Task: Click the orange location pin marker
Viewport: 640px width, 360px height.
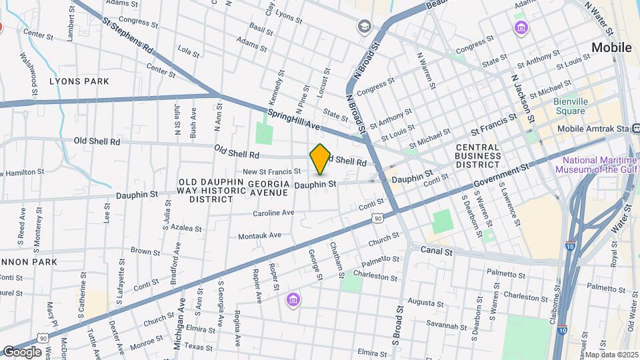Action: click(321, 159)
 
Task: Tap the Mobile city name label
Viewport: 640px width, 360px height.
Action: click(611, 47)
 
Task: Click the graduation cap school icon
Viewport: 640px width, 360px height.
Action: click(364, 26)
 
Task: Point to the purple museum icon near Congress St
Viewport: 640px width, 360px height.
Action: click(520, 28)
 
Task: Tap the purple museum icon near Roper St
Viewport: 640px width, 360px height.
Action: click(293, 301)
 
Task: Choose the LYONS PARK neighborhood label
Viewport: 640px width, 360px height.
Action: click(79, 81)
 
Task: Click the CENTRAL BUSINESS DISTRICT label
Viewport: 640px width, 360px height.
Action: click(477, 155)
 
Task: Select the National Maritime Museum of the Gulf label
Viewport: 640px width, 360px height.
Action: click(597, 165)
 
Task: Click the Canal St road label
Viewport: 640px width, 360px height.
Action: click(437, 251)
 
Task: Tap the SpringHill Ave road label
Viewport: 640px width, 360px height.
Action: click(294, 119)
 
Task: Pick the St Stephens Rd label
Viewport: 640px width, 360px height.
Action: click(127, 37)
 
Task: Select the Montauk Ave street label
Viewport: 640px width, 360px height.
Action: click(259, 235)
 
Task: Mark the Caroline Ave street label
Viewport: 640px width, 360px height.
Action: click(273, 213)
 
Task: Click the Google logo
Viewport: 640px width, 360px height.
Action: click(22, 351)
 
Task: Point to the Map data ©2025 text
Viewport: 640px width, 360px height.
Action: click(611, 355)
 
